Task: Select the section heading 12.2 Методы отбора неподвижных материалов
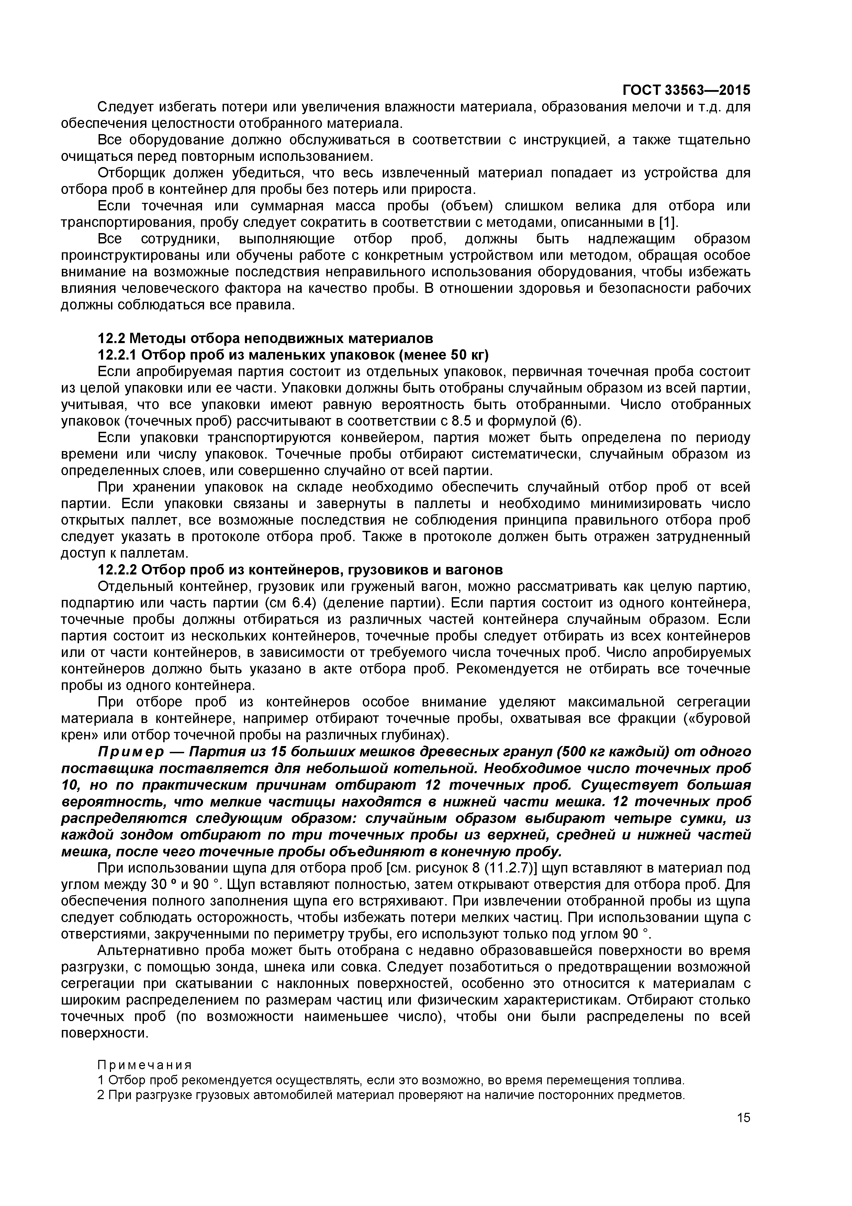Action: tap(266, 338)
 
